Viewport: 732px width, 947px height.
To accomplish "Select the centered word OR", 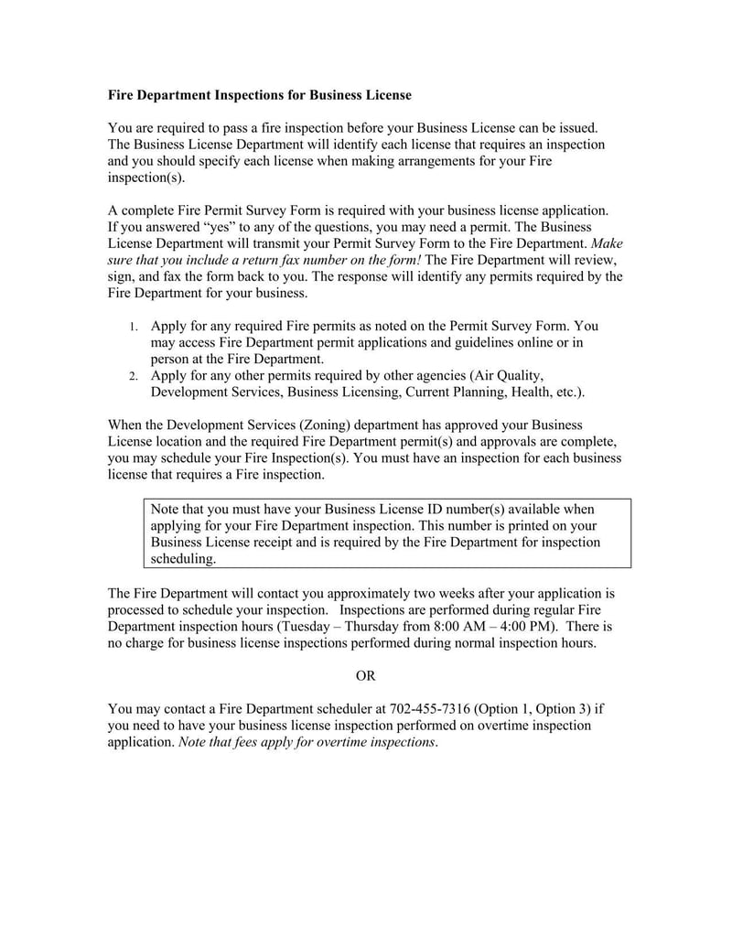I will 365,675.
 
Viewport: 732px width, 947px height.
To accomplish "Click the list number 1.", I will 133,327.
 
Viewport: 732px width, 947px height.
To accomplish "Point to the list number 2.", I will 133,376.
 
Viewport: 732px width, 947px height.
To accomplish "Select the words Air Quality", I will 508,376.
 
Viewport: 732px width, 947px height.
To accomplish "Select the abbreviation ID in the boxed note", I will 425,510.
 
